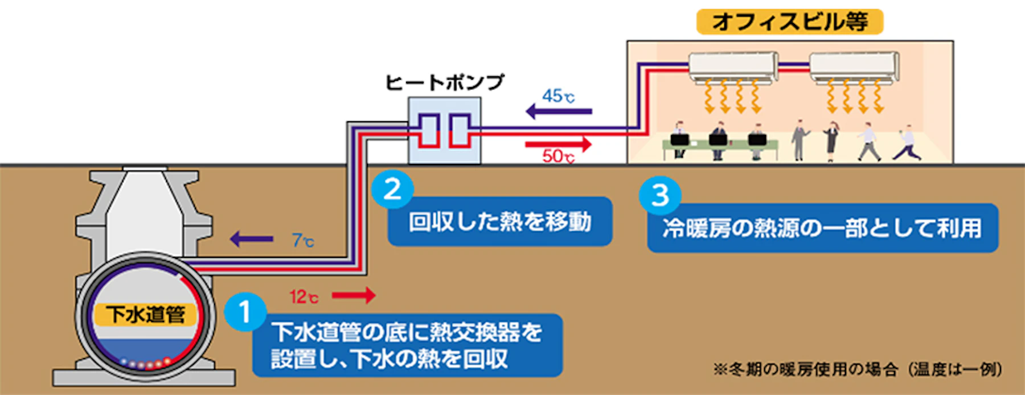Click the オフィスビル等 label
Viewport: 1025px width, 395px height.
point(789,22)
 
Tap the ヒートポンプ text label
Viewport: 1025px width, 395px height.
point(445,83)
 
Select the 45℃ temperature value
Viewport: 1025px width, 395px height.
point(558,96)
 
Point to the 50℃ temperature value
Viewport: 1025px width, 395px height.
point(558,156)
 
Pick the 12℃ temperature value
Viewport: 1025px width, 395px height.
point(304,297)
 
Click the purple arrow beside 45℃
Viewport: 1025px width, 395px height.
point(558,112)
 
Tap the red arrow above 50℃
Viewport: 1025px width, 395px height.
point(558,142)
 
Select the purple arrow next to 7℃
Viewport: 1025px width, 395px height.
point(251,239)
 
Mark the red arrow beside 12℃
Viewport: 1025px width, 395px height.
point(354,295)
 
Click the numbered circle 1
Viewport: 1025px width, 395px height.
point(245,312)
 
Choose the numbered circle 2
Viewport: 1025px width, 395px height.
point(392,190)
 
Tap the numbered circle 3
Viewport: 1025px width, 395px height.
point(659,196)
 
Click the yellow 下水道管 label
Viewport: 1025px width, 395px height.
point(146,314)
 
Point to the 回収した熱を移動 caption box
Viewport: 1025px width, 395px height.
point(499,222)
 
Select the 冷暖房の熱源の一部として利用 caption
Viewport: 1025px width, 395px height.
point(822,228)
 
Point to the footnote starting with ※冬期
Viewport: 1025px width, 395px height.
point(858,369)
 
